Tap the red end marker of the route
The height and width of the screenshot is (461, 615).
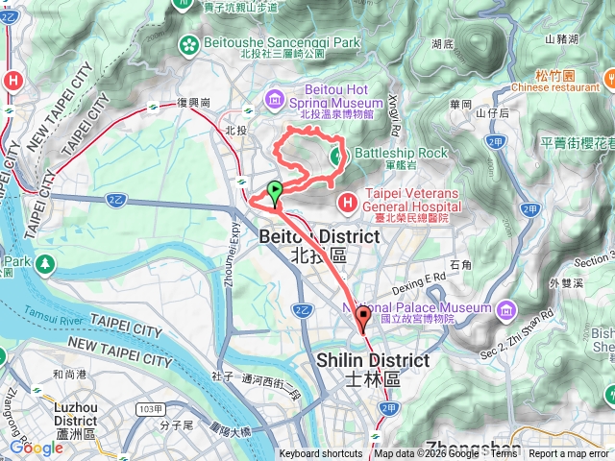pyautogui.click(x=363, y=318)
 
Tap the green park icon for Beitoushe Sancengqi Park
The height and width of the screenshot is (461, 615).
pyautogui.click(x=189, y=43)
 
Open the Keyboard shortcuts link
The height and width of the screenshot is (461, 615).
pyautogui.click(x=322, y=454)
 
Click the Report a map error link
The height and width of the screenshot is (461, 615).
pyautogui.click(x=569, y=454)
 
